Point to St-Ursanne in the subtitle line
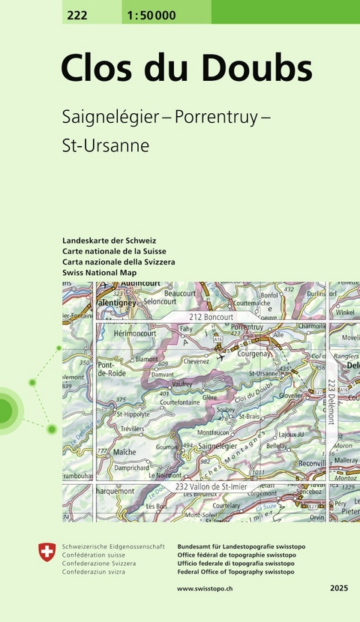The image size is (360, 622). (106, 145)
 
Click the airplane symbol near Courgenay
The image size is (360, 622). (220, 357)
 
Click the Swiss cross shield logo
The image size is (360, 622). (46, 554)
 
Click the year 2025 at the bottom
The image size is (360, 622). (337, 590)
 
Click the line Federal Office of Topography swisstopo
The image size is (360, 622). (235, 572)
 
